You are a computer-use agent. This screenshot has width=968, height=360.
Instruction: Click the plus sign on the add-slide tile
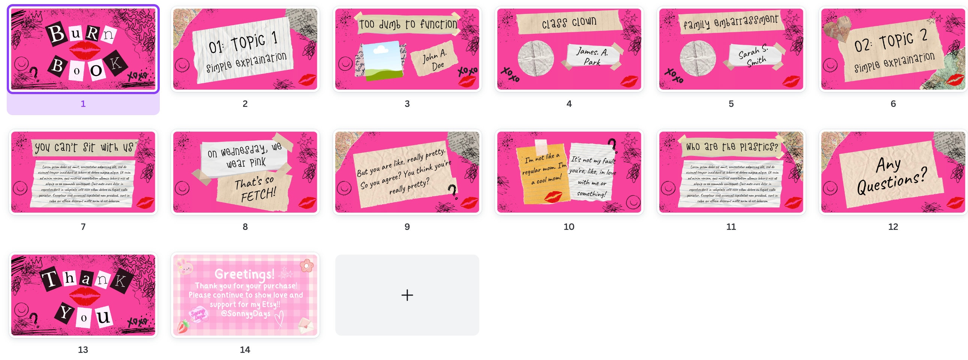tap(407, 295)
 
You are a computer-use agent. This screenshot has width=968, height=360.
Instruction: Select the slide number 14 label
tap(245, 350)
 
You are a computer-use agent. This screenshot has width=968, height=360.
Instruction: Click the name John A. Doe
tap(435, 60)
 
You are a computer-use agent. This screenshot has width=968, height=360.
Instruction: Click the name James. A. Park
tap(592, 56)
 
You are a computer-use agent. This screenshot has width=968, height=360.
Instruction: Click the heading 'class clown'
tap(569, 22)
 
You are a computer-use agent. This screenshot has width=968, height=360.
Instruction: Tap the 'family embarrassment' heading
tap(731, 22)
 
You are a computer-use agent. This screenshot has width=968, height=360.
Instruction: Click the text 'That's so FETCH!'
tap(255, 189)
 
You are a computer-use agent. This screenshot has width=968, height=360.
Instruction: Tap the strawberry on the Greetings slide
tap(183, 326)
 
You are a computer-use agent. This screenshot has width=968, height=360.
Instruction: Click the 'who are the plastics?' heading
tap(731, 147)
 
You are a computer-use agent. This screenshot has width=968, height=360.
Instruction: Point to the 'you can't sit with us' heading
tap(84, 147)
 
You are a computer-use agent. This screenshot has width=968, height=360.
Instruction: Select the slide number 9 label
tap(407, 227)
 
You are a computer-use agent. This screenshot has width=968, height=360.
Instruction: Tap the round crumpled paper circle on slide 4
tap(535, 58)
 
